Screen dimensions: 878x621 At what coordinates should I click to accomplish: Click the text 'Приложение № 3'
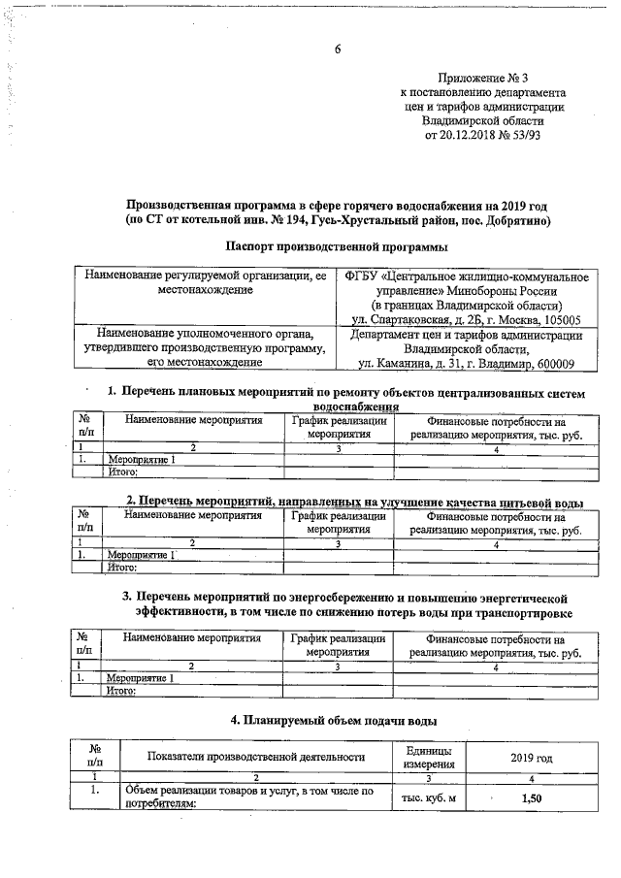point(482,77)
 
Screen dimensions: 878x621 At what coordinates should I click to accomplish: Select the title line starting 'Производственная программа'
point(339,206)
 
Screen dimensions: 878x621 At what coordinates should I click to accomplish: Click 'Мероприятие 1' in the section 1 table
point(143,460)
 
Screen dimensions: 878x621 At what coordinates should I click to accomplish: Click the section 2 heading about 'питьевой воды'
point(356,502)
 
